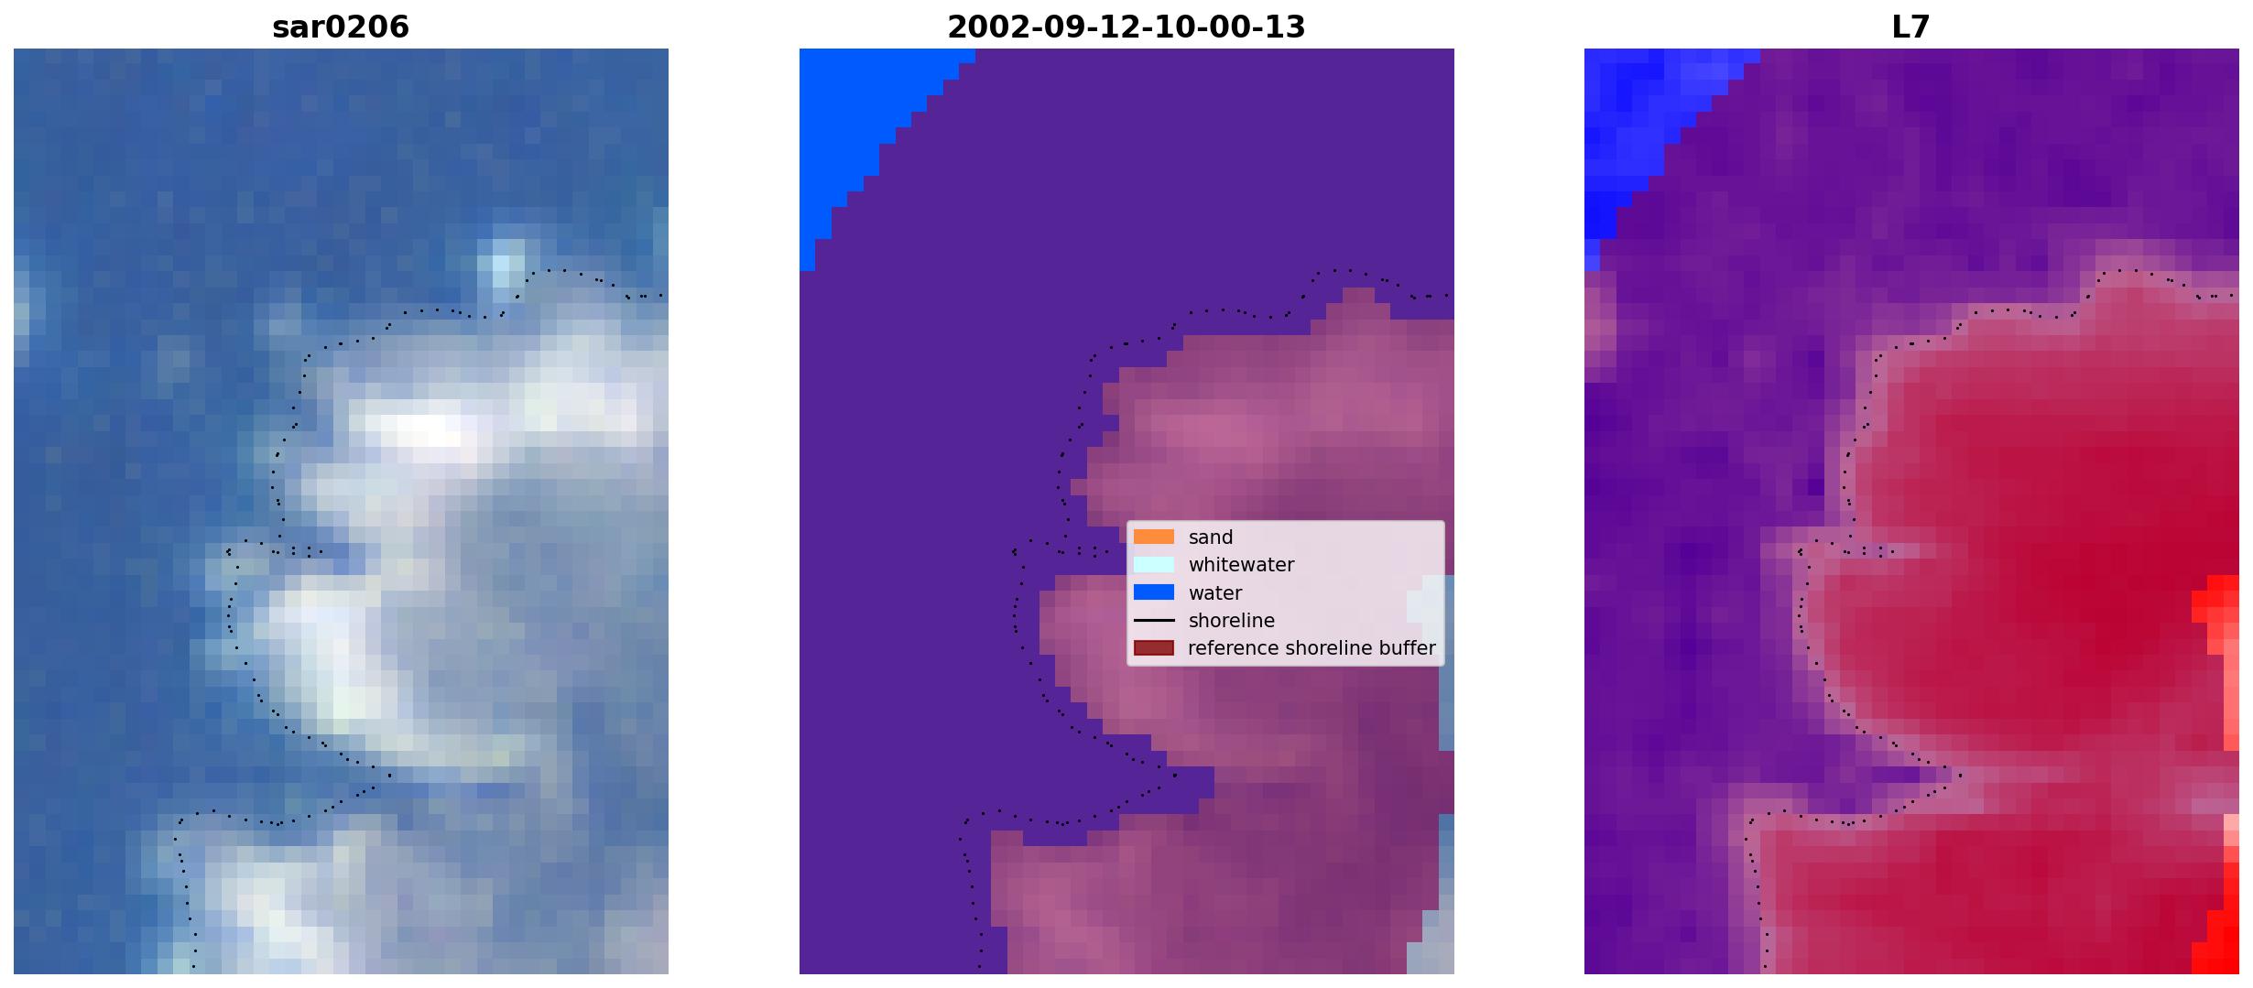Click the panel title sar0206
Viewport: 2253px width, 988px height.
[341, 27]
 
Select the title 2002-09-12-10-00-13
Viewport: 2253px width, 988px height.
[1126, 27]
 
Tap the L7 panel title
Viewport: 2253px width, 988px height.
[1911, 27]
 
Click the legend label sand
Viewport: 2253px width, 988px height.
[1211, 537]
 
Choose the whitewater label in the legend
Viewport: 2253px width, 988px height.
[1241, 565]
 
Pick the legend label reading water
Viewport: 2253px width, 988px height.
[1215, 593]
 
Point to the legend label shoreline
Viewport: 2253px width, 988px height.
[1232, 621]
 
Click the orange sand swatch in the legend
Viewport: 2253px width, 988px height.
[1154, 537]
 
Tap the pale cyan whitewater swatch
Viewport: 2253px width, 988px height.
[1154, 565]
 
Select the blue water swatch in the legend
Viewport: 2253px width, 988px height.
[1154, 592]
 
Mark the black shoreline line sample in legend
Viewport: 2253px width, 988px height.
[1154, 621]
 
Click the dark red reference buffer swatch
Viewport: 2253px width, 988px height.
[1154, 648]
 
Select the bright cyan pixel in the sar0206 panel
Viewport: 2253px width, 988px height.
[502, 263]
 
